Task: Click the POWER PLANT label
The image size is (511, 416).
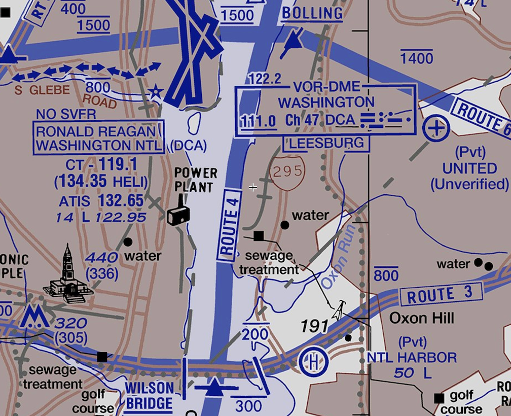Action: [x=195, y=180]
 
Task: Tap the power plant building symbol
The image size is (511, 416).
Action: [x=178, y=215]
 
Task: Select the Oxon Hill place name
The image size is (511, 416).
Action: [x=421, y=319]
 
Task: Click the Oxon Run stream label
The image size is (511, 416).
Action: [x=336, y=264]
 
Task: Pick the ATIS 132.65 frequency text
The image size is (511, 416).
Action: [x=101, y=201]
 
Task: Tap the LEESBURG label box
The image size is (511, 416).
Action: [x=326, y=144]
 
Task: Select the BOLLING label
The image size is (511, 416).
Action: [x=312, y=13]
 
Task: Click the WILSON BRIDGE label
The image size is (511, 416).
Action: [x=150, y=396]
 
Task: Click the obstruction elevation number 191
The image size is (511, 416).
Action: [x=314, y=326]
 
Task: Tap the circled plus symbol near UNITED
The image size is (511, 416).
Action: [x=436, y=129]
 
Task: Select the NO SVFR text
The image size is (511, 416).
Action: [x=66, y=114]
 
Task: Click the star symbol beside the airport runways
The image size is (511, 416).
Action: [x=155, y=93]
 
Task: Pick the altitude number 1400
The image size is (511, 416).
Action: [x=417, y=58]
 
